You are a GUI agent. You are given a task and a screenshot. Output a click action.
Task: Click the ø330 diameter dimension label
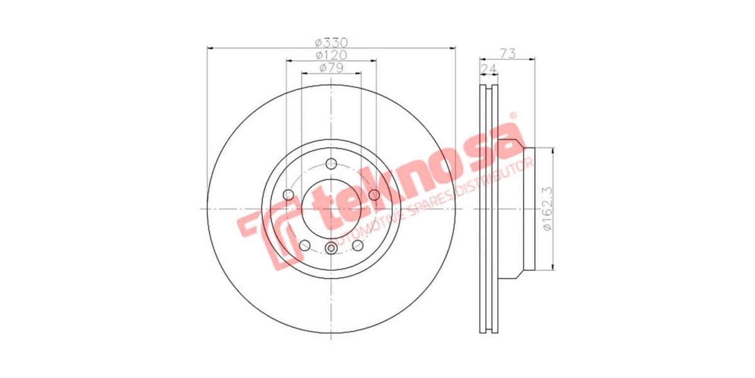point(331,42)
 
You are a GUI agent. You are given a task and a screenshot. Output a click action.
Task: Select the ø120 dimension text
point(331,55)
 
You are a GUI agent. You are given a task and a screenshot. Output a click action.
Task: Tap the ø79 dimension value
point(331,68)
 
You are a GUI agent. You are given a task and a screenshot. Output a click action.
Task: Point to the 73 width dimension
point(508,54)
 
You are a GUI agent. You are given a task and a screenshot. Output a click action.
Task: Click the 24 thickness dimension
point(488,68)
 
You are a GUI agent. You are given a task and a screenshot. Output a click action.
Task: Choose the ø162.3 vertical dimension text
point(547,209)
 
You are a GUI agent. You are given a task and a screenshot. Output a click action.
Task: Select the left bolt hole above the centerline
point(289,195)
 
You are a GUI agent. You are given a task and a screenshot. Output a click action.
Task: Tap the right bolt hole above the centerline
point(374,195)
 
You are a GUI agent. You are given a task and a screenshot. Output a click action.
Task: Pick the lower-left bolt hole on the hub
point(305,245)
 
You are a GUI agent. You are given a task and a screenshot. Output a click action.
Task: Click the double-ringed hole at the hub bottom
point(331,248)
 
